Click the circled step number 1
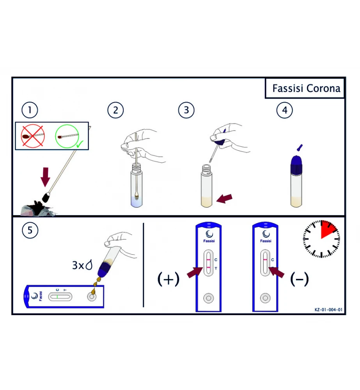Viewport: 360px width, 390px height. click(x=30, y=110)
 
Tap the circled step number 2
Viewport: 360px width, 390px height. click(x=115, y=110)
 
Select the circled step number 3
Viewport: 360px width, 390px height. click(x=186, y=110)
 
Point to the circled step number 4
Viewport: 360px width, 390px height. click(x=285, y=110)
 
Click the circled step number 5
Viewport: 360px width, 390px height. click(x=30, y=230)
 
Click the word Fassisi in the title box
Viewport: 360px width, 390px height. click(x=288, y=88)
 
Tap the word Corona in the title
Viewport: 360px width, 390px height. click(x=323, y=89)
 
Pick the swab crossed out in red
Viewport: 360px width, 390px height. click(x=33, y=136)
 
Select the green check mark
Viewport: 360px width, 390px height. click(x=80, y=144)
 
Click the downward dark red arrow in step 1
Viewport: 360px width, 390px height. click(x=45, y=177)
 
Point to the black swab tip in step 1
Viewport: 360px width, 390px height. click(x=46, y=197)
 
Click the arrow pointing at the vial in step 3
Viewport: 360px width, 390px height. click(x=224, y=199)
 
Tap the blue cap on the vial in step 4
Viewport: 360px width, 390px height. click(x=296, y=165)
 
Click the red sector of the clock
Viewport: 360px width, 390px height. click(x=328, y=230)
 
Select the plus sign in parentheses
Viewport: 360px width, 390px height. click(x=168, y=279)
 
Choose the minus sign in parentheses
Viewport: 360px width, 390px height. click(x=300, y=279)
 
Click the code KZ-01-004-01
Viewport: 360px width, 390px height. click(x=328, y=310)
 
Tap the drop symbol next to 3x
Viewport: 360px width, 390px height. click(x=89, y=265)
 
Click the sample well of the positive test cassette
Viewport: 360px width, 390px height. click(x=209, y=298)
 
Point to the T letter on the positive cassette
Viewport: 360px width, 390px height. click(x=216, y=268)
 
